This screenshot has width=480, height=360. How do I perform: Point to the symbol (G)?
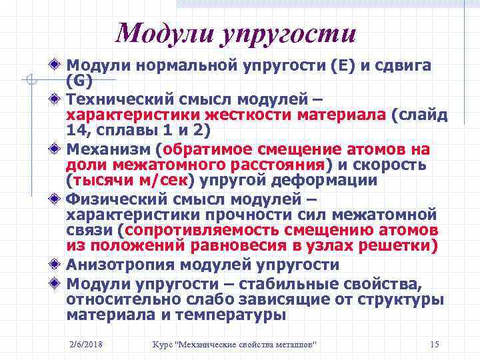(77, 81)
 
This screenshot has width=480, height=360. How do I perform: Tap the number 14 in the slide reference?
(77, 130)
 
